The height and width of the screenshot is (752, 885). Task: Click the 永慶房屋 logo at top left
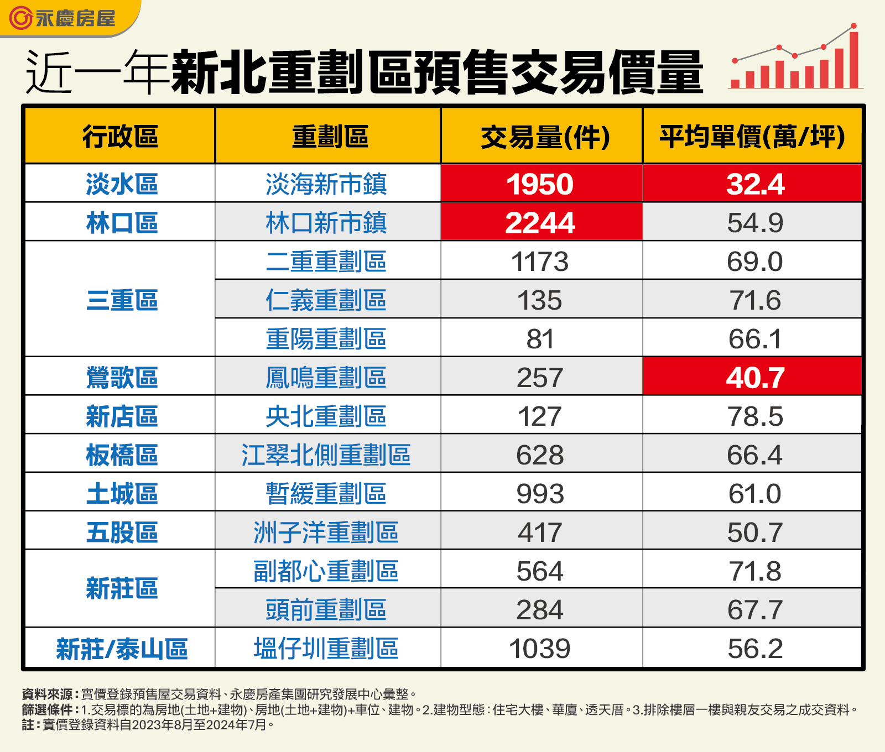(63, 18)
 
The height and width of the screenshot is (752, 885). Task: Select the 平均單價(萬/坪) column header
(752, 137)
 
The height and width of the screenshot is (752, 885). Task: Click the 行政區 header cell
(121, 137)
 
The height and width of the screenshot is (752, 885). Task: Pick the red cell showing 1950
(540, 184)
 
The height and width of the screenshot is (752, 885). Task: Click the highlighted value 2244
(540, 223)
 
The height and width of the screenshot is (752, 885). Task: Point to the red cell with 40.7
(754, 378)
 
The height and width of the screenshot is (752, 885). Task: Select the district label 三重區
(122, 300)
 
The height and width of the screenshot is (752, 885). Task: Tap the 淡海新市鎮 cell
(326, 184)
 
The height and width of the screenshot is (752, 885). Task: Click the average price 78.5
(754, 416)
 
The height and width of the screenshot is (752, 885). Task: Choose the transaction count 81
(540, 339)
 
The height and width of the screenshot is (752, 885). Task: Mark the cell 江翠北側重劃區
(326, 455)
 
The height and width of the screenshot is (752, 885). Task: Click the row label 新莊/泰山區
(122, 649)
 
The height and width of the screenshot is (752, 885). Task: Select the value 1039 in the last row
(540, 649)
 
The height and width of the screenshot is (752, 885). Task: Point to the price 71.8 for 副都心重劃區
(754, 571)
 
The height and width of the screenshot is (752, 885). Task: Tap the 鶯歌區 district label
(122, 378)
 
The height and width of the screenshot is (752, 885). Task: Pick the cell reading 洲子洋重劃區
(326, 532)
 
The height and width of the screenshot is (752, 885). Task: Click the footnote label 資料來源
(48, 694)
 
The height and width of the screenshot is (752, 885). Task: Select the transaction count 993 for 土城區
(540, 494)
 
